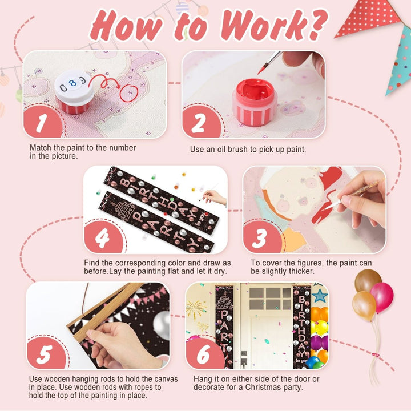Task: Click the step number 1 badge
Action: [x=42, y=122]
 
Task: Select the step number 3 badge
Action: [x=261, y=237]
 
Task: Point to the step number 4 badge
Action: [x=103, y=237]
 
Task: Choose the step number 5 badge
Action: [x=46, y=353]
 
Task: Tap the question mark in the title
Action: [x=318, y=25]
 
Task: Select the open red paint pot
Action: [x=255, y=102]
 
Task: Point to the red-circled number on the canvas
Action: [x=129, y=93]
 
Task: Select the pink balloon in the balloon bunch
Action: [x=382, y=297]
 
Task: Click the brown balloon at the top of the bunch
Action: [x=367, y=280]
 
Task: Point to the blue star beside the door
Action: [x=320, y=296]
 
